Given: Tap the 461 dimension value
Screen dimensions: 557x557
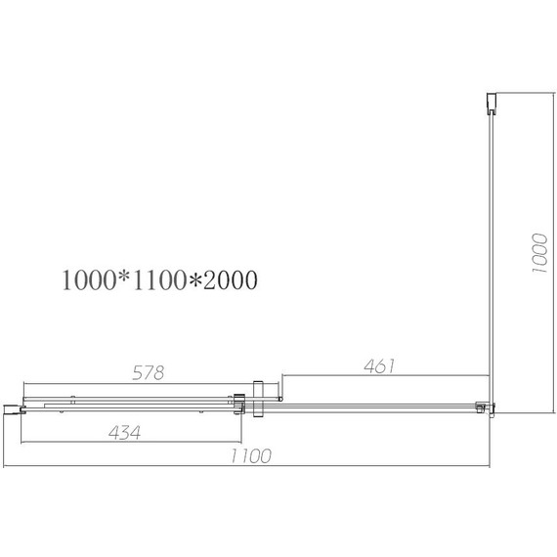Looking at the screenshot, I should (x=376, y=366).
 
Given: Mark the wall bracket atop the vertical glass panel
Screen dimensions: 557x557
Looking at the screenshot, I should (x=492, y=104).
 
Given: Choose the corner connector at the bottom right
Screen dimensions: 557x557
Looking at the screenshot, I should (x=483, y=407).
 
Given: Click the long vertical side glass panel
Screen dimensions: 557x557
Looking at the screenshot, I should (x=492, y=254).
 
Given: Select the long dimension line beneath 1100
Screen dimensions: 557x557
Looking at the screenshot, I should (x=249, y=468).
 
